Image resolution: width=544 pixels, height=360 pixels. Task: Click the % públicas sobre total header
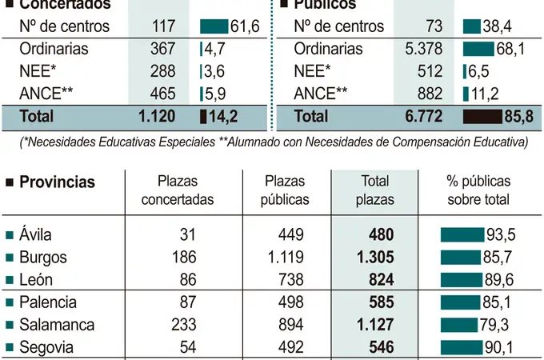[478, 190]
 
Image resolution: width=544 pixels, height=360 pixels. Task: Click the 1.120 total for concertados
[157, 116]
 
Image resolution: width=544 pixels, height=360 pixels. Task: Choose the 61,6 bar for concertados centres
[214, 26]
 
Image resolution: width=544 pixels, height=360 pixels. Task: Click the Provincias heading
[56, 182]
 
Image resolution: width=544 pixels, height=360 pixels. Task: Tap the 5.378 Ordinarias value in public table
[424, 49]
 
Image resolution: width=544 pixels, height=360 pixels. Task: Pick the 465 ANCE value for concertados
[162, 94]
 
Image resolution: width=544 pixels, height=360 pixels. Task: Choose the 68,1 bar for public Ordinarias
[478, 49]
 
